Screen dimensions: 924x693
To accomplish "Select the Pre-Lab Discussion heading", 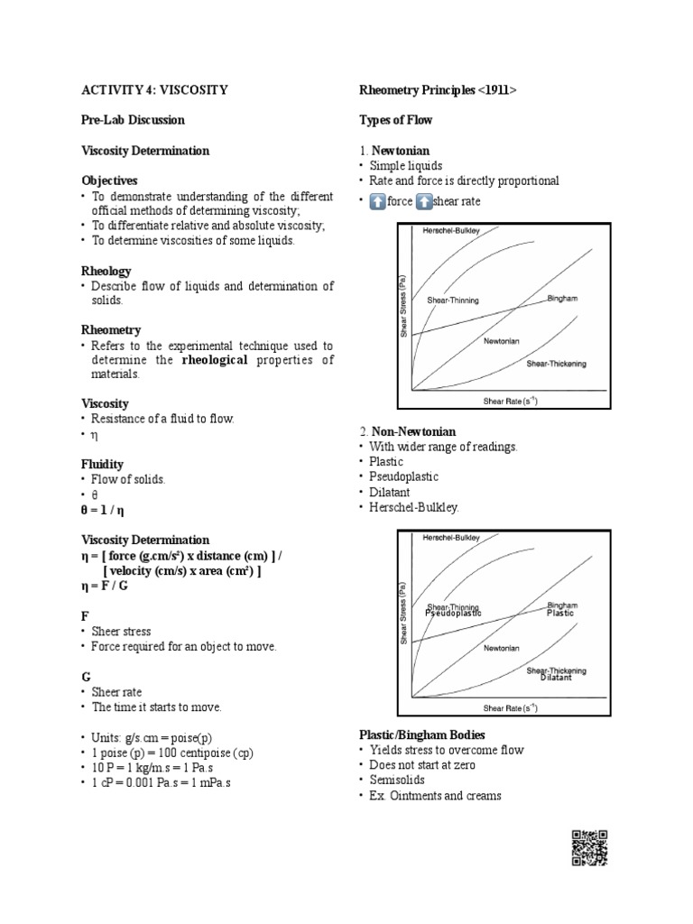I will pyautogui.click(x=133, y=120).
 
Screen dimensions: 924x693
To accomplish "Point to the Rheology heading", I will pyautogui.click(x=106, y=271).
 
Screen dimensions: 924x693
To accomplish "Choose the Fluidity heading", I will pyautogui.click(x=103, y=464).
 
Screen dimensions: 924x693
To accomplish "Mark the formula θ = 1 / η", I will pyautogui.click(x=112, y=510).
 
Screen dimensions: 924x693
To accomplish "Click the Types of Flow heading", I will pyautogui.click(x=395, y=120).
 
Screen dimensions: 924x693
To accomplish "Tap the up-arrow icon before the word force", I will pyautogui.click(x=376, y=201).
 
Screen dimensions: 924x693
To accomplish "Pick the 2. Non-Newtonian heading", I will pyautogui.click(x=407, y=432).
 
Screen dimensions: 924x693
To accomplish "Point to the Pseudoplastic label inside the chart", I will pyautogui.click(x=453, y=614).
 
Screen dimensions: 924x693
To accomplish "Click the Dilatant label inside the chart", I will pyautogui.click(x=556, y=678).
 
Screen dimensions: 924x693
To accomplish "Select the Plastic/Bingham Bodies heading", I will pyautogui.click(x=422, y=735).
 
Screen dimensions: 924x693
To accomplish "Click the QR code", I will pyautogui.click(x=589, y=847).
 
